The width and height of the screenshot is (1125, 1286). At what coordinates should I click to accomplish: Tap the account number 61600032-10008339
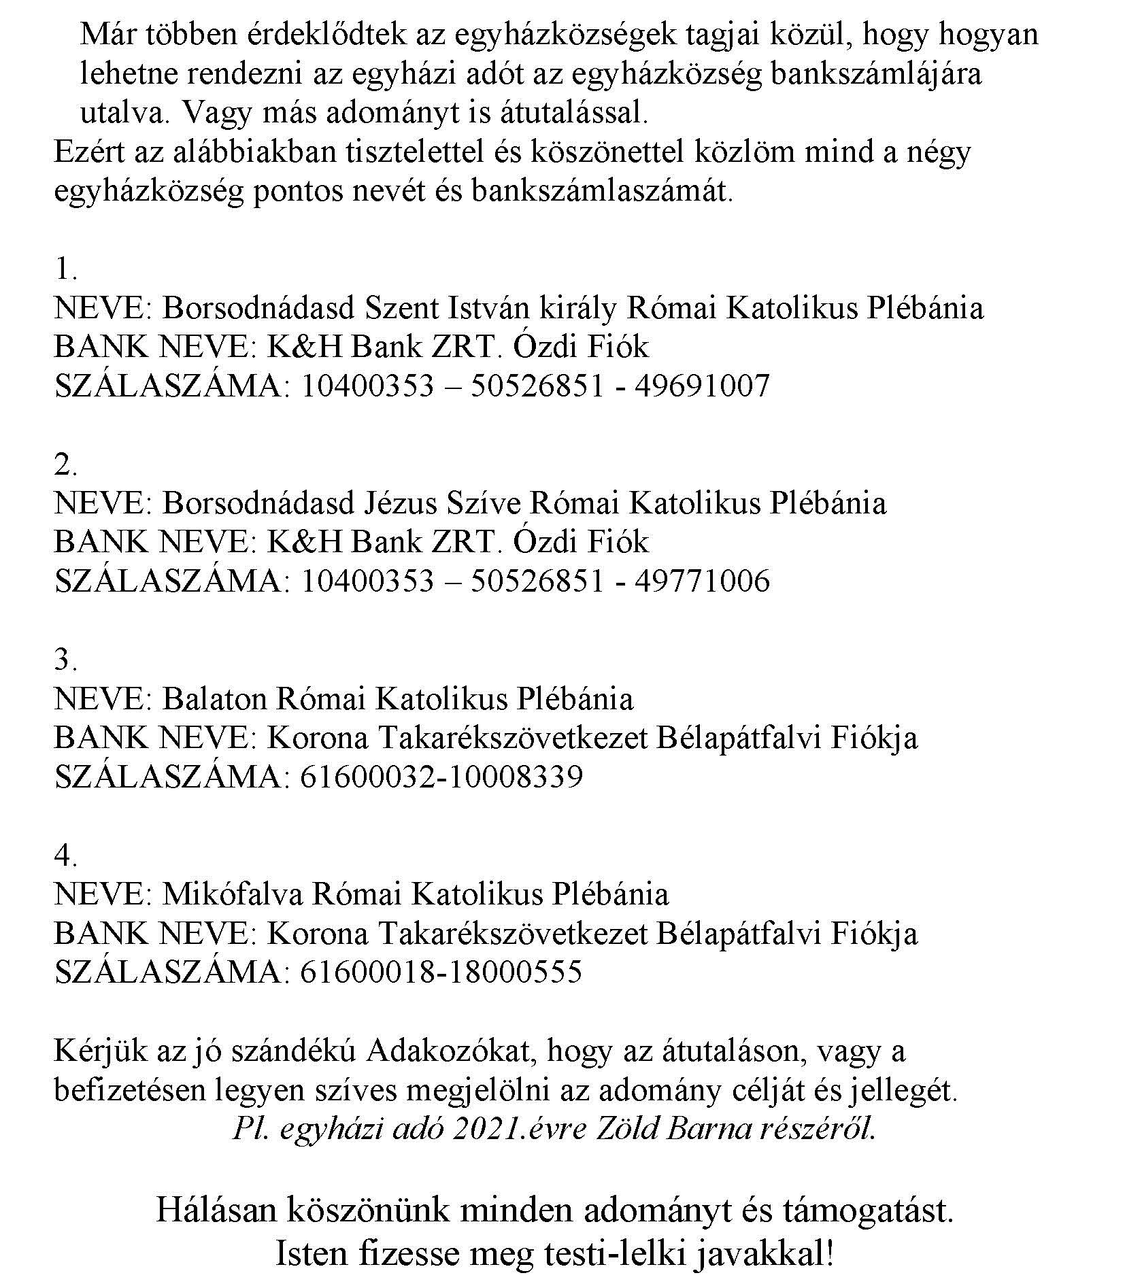[x=441, y=777]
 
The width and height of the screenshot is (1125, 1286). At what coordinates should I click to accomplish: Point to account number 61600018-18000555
[x=441, y=972]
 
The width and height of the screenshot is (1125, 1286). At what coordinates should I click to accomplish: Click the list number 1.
[x=65, y=270]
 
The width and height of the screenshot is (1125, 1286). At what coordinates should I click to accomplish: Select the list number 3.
[x=65, y=660]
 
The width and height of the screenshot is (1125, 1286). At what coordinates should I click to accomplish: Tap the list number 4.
[x=65, y=855]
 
